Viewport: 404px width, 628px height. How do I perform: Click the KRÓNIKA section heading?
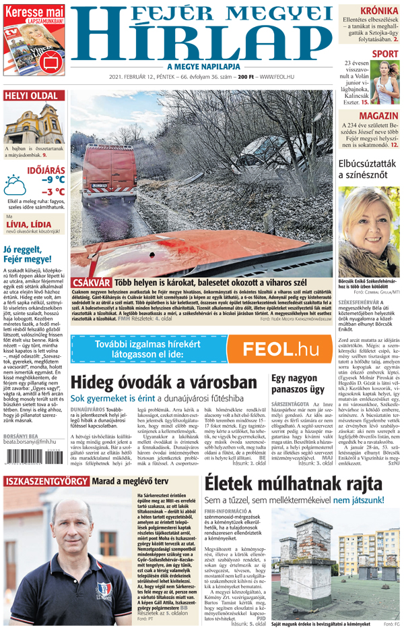[378, 11]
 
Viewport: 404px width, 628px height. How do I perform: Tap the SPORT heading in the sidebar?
[385, 54]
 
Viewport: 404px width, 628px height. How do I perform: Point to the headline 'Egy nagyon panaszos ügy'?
[298, 383]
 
